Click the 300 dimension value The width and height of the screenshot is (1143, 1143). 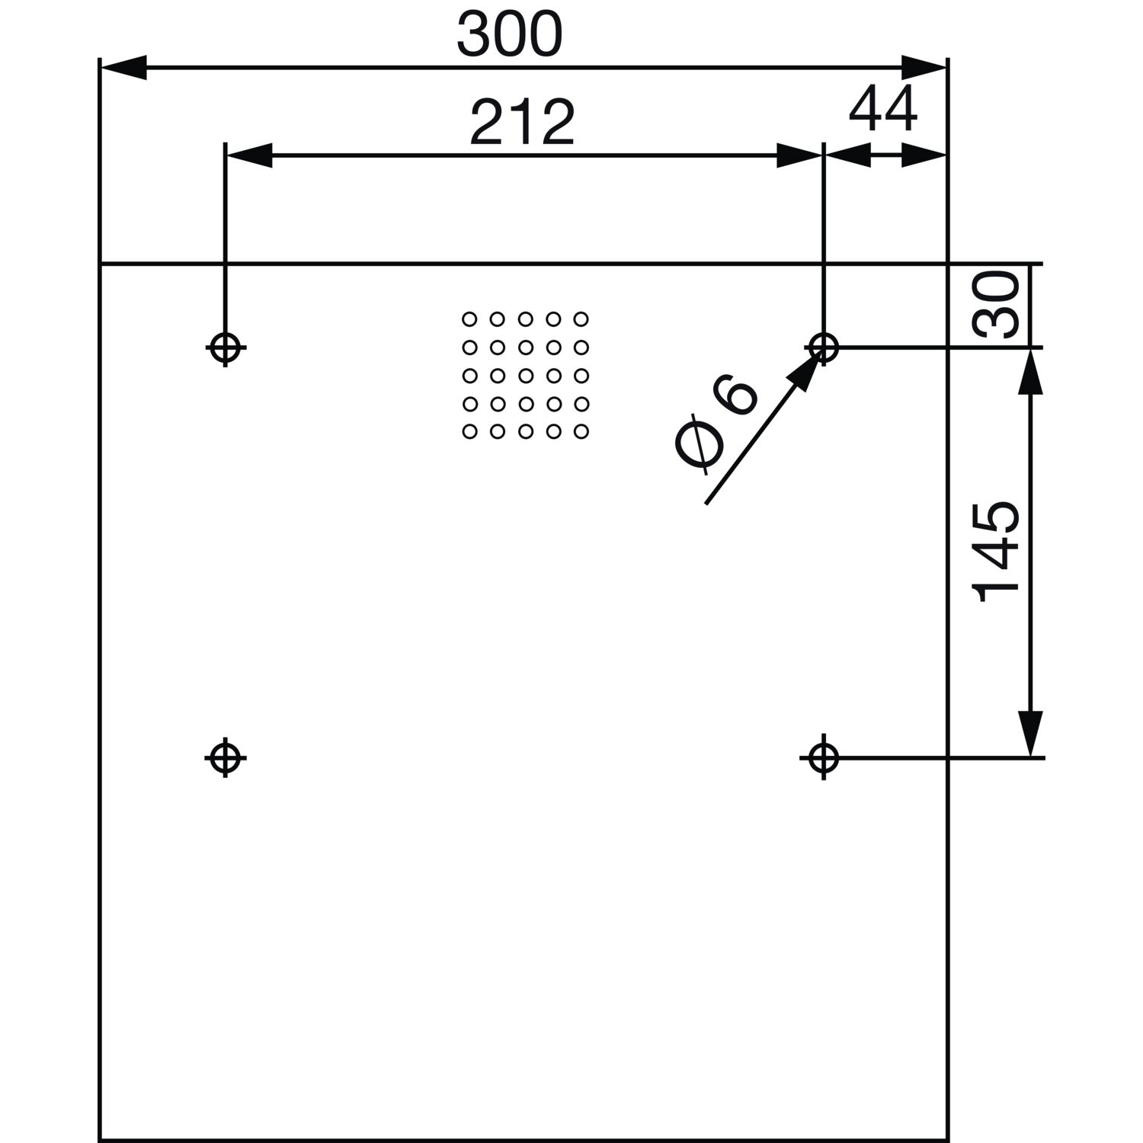point(510,35)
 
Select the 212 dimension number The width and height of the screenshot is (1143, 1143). point(522,123)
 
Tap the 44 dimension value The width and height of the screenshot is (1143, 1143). point(883,109)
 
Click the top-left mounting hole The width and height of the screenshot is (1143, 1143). point(225,348)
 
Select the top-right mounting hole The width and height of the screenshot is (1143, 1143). point(823,348)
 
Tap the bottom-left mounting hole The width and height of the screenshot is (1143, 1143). point(225,757)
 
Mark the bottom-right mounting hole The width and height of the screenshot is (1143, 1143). point(823,757)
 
